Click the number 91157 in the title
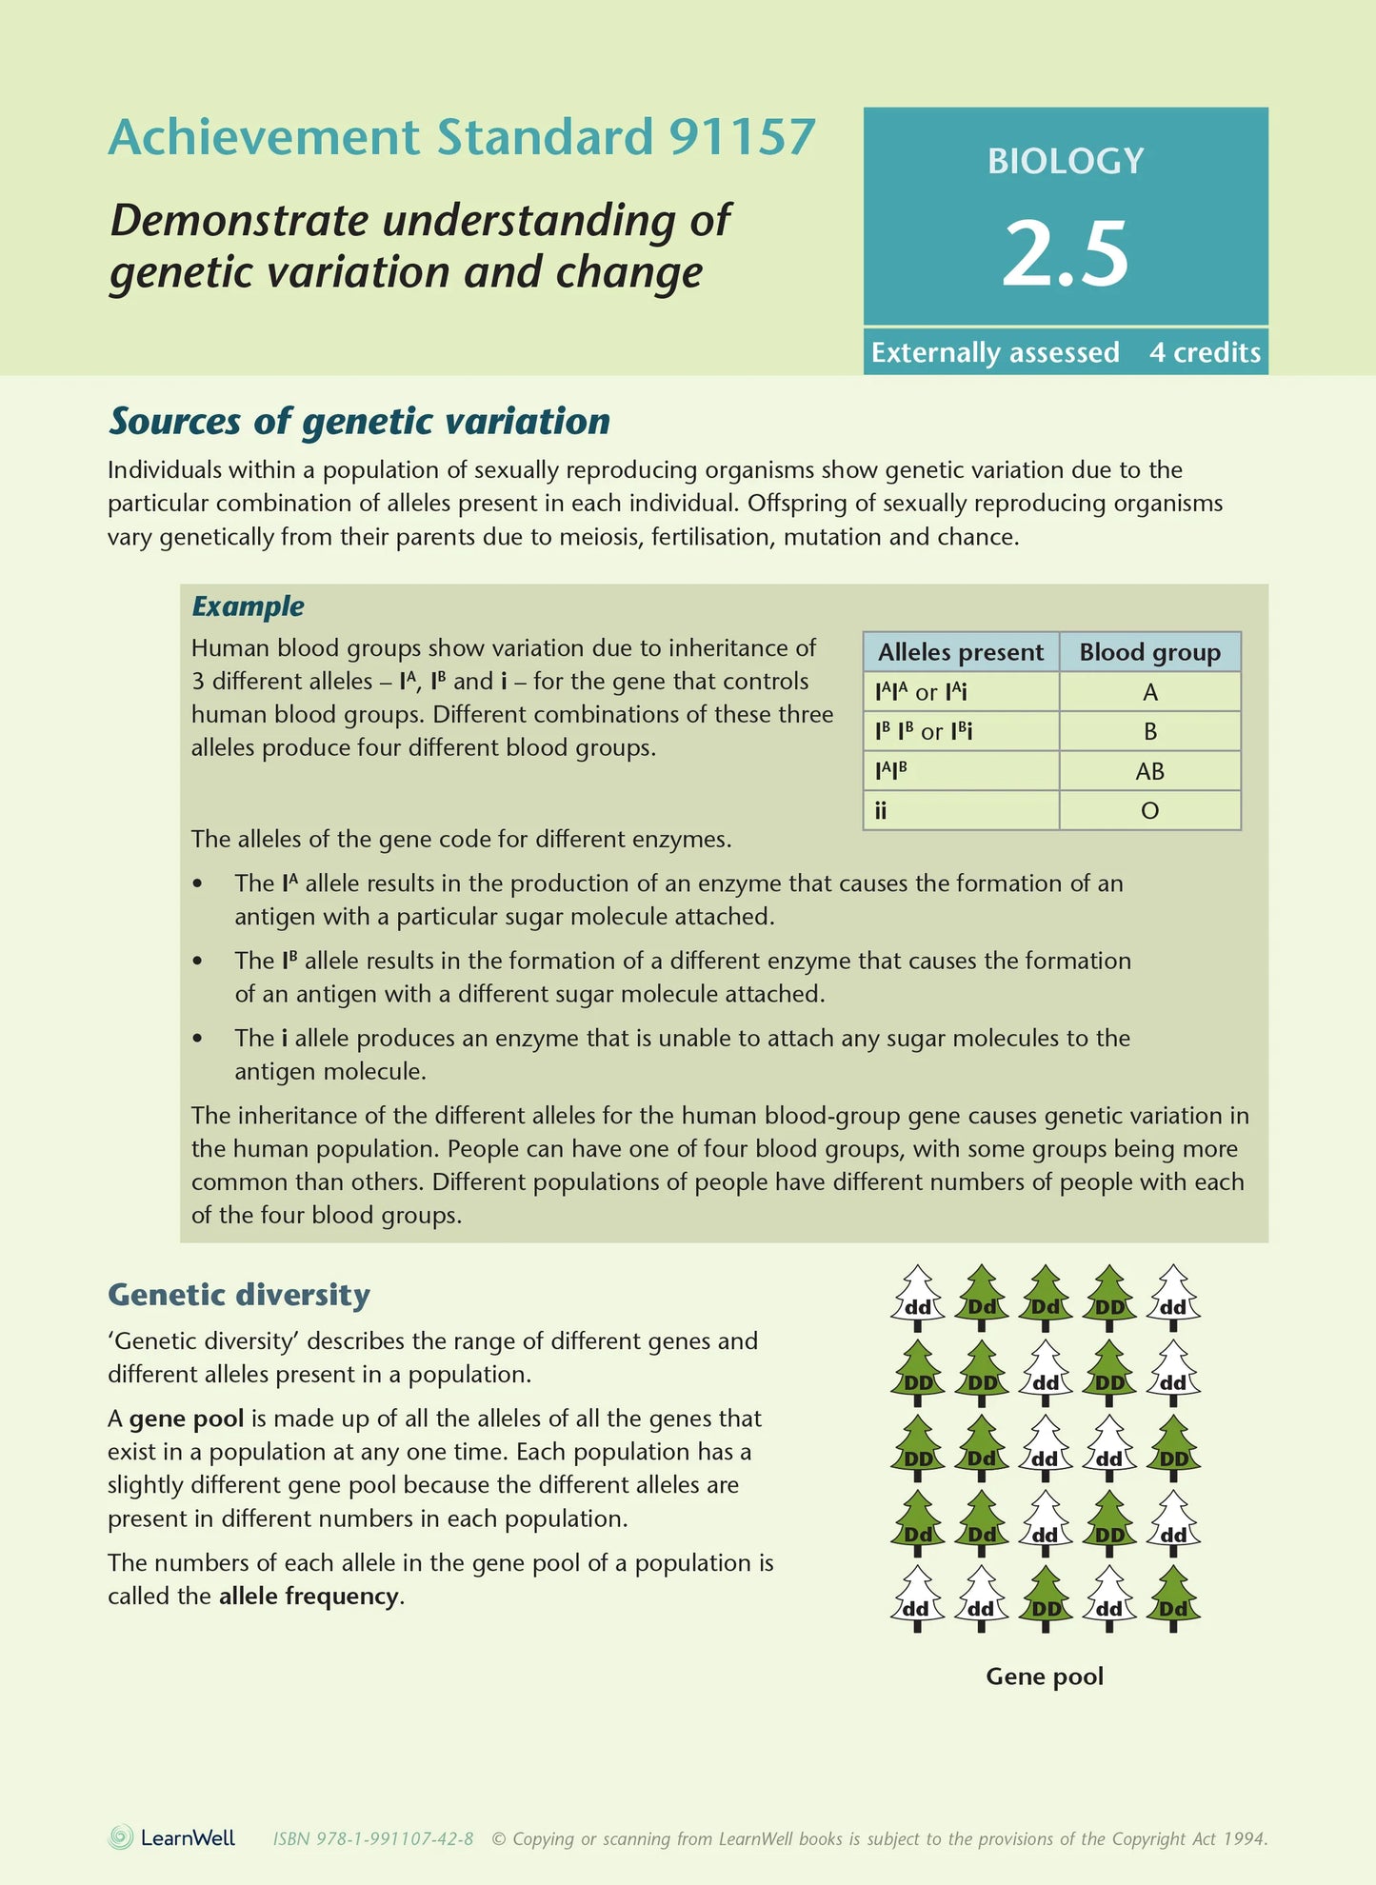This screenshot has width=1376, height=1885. click(x=742, y=137)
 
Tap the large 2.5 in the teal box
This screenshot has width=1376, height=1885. click(x=1065, y=253)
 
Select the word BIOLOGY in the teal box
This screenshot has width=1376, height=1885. click(x=1066, y=161)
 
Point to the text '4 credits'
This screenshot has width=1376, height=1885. click(x=1205, y=352)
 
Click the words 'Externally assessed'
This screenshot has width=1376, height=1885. click(x=995, y=352)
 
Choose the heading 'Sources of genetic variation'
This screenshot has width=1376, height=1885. click(x=359, y=421)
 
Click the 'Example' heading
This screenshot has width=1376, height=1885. click(x=248, y=605)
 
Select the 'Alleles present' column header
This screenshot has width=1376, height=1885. click(x=960, y=652)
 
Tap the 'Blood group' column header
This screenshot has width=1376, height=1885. click(x=1149, y=652)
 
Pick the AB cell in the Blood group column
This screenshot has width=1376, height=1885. click(x=1149, y=771)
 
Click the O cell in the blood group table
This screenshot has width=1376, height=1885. click(x=1149, y=811)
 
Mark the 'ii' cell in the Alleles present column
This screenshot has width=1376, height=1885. click(x=881, y=811)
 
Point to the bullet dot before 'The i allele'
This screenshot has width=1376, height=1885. click(x=197, y=1039)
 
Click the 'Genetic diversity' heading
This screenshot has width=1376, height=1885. click(x=239, y=1295)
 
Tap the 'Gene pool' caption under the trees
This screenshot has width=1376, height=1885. click(x=1045, y=1677)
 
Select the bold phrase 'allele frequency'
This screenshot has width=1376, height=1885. click(x=309, y=1597)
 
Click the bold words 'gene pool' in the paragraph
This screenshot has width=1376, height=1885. click(x=187, y=1419)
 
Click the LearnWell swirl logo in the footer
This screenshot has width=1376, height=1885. click(x=121, y=1837)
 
